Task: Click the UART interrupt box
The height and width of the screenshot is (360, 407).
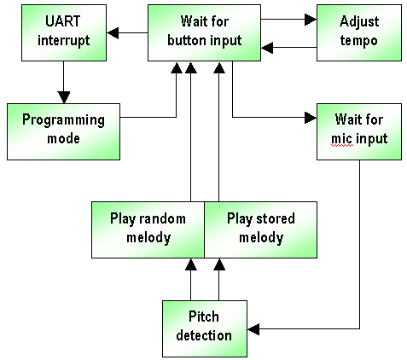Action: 64,32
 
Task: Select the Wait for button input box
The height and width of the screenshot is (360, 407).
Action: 204,32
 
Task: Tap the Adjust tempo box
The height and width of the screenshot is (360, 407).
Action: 359,32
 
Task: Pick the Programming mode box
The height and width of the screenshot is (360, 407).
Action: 63,131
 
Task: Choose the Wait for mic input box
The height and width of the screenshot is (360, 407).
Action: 359,131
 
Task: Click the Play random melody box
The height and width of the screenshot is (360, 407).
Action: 148,230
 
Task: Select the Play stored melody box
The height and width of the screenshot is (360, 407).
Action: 261,230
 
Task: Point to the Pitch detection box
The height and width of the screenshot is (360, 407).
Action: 205,328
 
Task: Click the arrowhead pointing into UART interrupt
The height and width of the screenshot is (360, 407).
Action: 113,33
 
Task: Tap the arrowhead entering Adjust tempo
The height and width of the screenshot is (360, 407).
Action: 311,20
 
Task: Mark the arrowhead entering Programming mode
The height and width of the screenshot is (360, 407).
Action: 64,97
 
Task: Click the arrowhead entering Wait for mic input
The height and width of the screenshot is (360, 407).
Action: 311,118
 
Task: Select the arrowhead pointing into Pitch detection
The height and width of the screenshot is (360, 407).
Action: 253,329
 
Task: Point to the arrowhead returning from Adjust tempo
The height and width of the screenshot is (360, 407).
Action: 267,48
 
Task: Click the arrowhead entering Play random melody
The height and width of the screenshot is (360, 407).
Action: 191,264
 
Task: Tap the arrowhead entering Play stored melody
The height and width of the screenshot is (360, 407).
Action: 219,264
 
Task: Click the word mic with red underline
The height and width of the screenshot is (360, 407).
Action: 342,139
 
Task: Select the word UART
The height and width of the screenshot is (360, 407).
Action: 63,21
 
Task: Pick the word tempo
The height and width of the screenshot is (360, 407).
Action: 359,41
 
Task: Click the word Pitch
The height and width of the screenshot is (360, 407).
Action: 204,316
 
